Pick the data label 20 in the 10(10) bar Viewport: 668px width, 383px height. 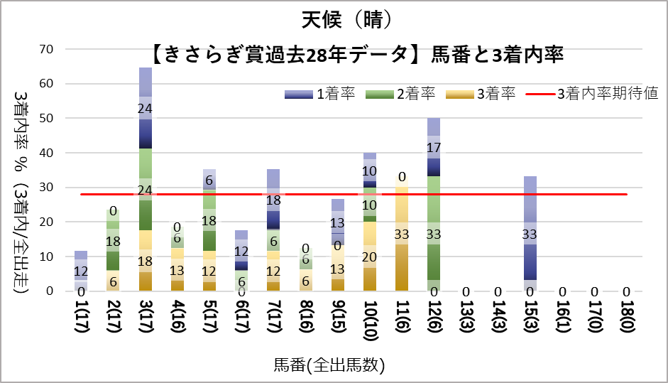click(370, 257)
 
